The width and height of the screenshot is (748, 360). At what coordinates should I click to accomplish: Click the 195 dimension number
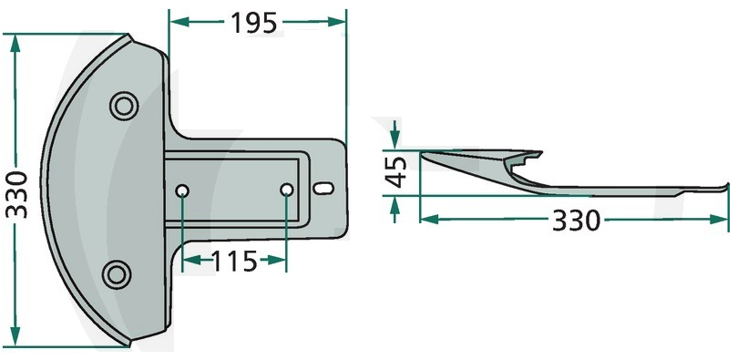click(x=253, y=23)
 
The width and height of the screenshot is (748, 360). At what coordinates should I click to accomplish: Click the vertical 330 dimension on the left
click(x=17, y=194)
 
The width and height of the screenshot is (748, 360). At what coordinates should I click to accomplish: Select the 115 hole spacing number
click(x=233, y=262)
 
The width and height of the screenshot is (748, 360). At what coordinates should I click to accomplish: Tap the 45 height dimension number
click(x=396, y=172)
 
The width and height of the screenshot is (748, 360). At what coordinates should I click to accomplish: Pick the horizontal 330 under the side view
click(x=576, y=221)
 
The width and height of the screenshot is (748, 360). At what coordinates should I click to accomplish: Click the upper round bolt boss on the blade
click(x=124, y=106)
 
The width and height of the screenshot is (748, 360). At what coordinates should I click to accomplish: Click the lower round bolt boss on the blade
click(x=117, y=274)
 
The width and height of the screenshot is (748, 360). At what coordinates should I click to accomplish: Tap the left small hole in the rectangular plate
click(x=182, y=191)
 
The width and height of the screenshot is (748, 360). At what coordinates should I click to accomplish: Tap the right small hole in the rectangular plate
click(x=286, y=190)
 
